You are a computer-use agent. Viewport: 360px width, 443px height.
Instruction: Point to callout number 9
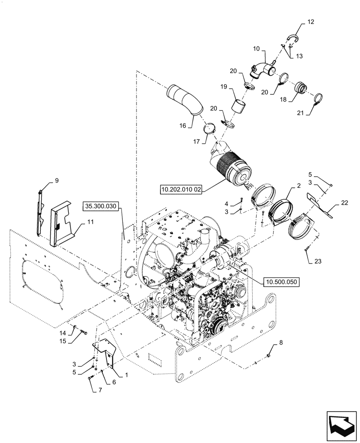pyautogui.click(x=57, y=180)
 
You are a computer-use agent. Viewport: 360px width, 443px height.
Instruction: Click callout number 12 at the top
pyautogui.click(x=310, y=22)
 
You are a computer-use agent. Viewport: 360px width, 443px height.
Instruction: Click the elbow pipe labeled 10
pyautogui.click(x=262, y=69)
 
